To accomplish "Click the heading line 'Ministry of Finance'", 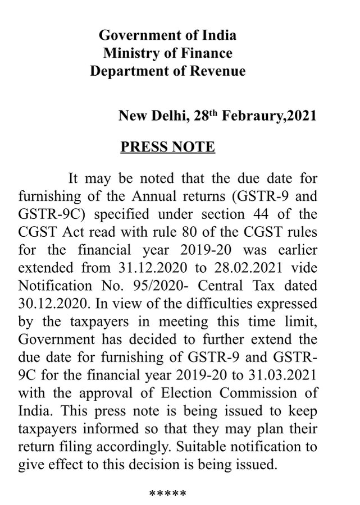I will tap(168, 54).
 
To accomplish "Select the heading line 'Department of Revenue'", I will tap(168, 72).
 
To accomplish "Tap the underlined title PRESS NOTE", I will tap(168, 148).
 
